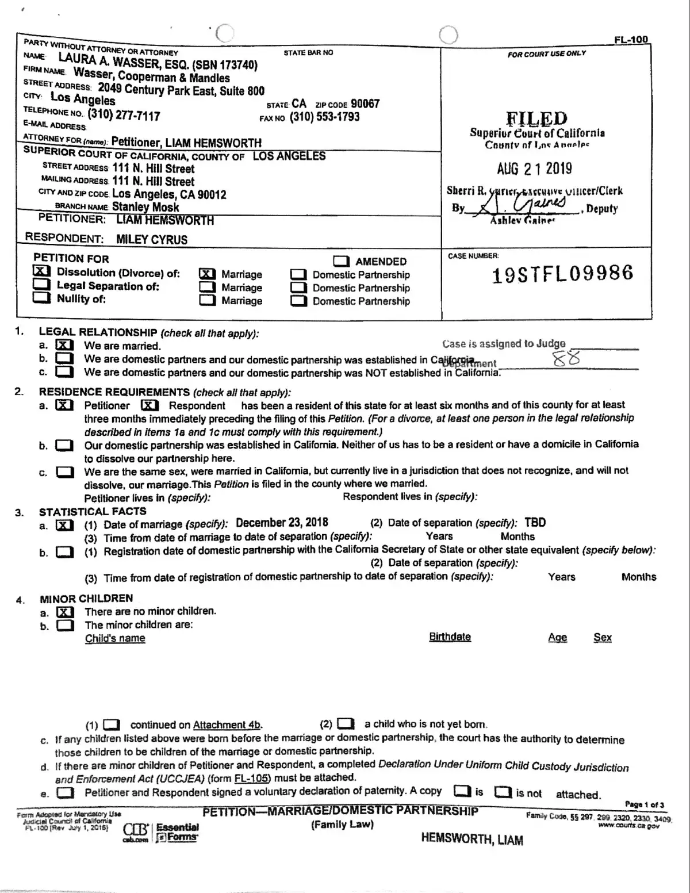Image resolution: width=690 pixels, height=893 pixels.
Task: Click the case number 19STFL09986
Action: [x=562, y=274]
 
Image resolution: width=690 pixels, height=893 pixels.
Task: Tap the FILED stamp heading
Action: [x=536, y=118]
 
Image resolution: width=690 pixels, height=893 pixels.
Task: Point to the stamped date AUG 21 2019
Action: [x=534, y=168]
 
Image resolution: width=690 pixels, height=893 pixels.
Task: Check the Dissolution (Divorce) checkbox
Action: [x=42, y=271]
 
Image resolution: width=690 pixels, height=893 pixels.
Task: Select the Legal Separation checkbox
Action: [x=41, y=285]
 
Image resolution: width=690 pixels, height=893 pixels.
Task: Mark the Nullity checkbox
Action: [x=41, y=297]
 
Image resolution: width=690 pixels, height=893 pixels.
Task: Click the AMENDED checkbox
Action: [x=342, y=261]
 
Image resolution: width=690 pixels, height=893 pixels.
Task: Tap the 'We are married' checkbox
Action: [x=64, y=345]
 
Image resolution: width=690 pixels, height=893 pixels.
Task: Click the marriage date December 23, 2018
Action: [x=282, y=523]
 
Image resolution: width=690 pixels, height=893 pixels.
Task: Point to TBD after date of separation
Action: [x=535, y=523]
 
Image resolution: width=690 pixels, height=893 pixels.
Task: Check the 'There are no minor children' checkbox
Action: [x=65, y=612]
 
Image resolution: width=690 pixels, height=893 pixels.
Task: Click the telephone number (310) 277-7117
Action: [x=124, y=115]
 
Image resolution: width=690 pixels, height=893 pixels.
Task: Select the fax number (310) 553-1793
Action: [x=324, y=117]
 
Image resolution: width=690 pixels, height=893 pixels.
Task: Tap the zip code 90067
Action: [x=365, y=104]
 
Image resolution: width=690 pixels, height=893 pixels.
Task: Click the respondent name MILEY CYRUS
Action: [x=152, y=239]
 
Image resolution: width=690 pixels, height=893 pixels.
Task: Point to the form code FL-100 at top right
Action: [x=631, y=40]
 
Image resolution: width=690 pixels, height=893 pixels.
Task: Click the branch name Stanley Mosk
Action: [x=145, y=206]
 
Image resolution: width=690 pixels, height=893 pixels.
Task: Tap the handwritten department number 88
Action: [x=566, y=359]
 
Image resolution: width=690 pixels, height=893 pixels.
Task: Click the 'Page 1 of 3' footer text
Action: [x=644, y=804]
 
